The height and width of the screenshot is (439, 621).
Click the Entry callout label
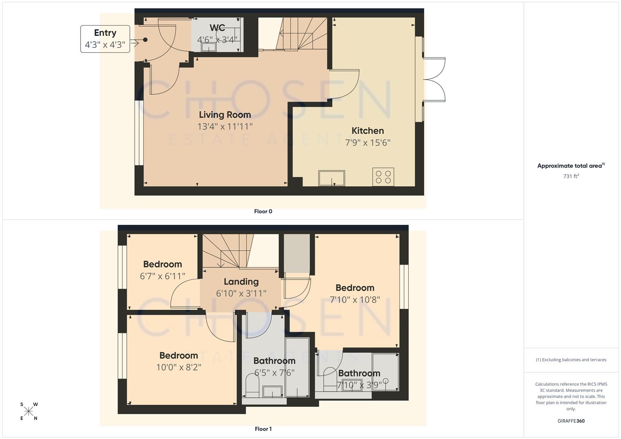point(105,39)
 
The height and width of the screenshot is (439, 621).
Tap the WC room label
point(217,28)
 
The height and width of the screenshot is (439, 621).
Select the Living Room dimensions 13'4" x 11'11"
point(225,126)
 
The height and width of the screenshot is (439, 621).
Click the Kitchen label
point(368,130)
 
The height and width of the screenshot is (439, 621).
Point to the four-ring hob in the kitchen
point(383,177)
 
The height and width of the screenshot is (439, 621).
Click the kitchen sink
point(331,178)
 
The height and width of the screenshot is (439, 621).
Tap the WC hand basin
point(209,48)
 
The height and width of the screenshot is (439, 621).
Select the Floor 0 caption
point(263,211)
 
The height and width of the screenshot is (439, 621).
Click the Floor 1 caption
point(263,429)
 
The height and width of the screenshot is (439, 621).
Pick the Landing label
point(241,282)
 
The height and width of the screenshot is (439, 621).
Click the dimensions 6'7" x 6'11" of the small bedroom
point(163,276)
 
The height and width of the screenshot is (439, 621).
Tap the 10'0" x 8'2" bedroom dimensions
point(179,367)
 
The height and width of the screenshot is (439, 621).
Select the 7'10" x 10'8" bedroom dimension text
point(355,300)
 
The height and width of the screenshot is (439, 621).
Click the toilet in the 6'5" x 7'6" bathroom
point(253,385)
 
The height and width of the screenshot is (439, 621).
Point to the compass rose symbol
point(28,411)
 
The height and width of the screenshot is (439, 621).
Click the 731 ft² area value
point(571,176)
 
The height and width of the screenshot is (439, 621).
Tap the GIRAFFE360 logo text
point(571,421)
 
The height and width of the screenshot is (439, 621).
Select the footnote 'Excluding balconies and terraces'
point(571,360)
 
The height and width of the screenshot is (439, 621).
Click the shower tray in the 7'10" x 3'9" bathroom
point(386,372)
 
